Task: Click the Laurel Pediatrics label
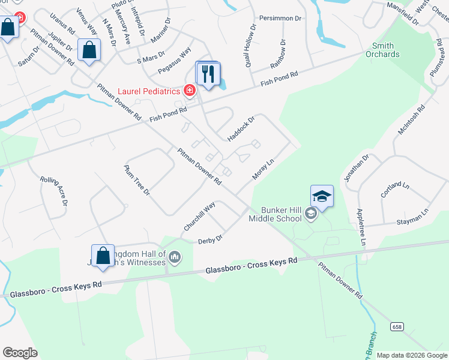click(148, 91)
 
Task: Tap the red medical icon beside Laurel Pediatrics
click(189, 91)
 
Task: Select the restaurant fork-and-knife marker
click(208, 74)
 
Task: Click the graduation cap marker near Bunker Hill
click(321, 197)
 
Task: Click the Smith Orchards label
click(382, 50)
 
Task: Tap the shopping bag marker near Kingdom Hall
click(103, 255)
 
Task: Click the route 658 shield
click(396, 326)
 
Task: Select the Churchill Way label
click(199, 217)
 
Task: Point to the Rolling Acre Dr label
click(53, 191)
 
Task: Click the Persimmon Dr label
click(280, 19)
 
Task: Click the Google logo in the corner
click(20, 353)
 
